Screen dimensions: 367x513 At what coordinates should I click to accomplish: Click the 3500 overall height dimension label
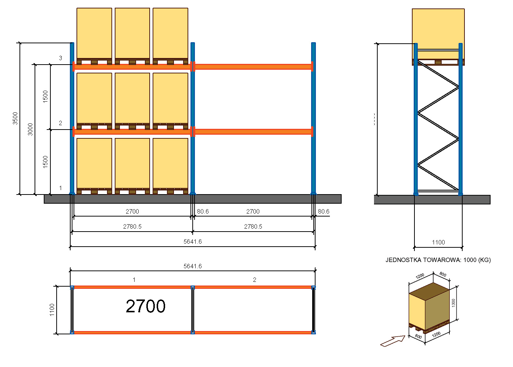click(x=15, y=118)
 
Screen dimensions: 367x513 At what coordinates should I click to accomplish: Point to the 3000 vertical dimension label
click(x=31, y=129)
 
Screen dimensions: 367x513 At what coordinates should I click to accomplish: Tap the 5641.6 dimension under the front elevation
click(x=193, y=241)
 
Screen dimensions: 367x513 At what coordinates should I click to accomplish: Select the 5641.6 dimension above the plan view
click(x=193, y=266)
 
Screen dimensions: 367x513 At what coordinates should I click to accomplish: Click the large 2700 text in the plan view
click(x=146, y=306)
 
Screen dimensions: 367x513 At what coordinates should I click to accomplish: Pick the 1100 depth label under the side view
click(x=438, y=242)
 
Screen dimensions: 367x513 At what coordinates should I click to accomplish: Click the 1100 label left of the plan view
click(x=52, y=310)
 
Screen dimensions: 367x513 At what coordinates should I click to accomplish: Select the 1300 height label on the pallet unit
click(x=453, y=303)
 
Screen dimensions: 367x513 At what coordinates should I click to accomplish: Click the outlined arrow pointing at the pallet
click(x=392, y=341)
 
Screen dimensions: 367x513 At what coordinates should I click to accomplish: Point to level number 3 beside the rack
click(x=61, y=58)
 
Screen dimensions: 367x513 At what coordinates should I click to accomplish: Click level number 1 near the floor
click(x=61, y=188)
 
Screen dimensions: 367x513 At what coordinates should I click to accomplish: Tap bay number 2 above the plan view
click(x=254, y=280)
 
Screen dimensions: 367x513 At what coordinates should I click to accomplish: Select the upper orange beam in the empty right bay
click(x=253, y=67)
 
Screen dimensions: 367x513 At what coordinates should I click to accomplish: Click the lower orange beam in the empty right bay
click(x=253, y=132)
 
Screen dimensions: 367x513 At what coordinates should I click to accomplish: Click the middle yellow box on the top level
click(x=132, y=33)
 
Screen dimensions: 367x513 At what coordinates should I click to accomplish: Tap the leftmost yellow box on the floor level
click(x=94, y=163)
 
